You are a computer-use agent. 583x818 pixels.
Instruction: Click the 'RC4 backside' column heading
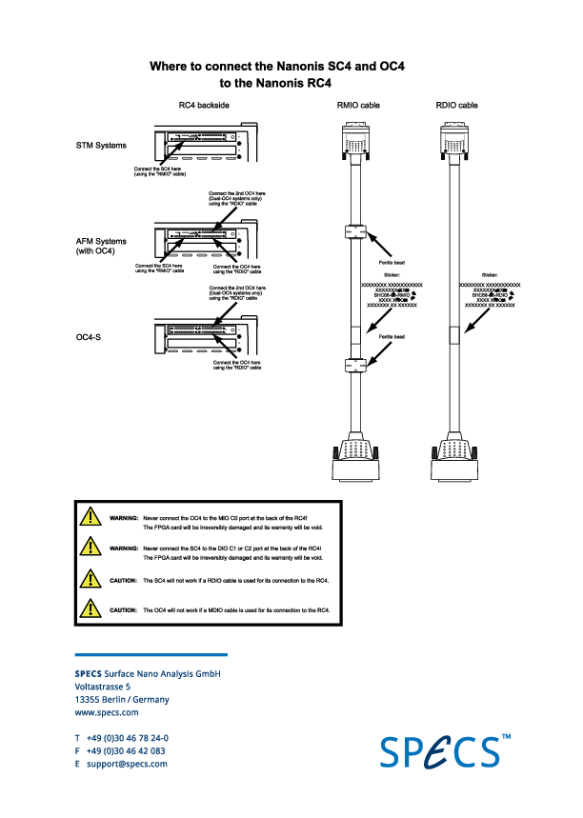(202, 106)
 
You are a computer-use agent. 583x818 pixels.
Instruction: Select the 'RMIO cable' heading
(358, 106)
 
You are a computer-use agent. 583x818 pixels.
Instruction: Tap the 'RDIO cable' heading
(456, 106)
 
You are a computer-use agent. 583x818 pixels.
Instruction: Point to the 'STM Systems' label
(101, 146)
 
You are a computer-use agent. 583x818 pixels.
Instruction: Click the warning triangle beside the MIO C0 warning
(90, 517)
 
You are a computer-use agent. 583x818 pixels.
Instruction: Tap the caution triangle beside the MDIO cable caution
(90, 608)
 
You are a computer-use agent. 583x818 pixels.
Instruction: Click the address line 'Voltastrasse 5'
(103, 687)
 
